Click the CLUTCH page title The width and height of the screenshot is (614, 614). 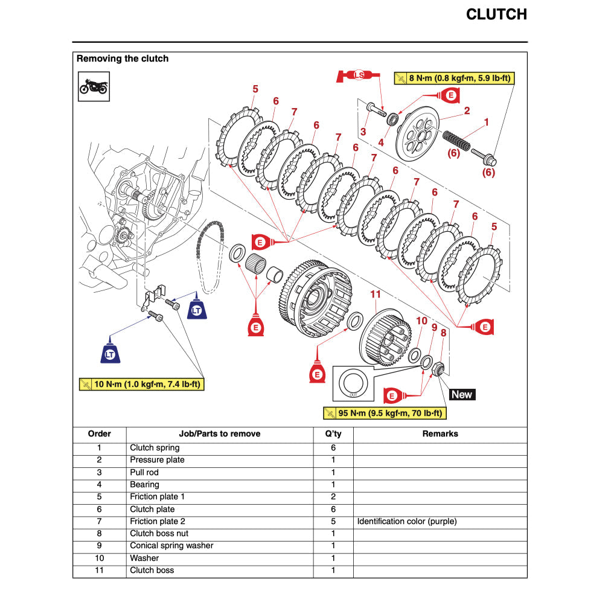pos(496,14)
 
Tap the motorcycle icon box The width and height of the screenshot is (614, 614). pos(94,86)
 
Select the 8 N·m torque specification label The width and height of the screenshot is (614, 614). pos(454,78)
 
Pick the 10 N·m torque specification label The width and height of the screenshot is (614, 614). pos(142,384)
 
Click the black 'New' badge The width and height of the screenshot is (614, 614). pos(462,394)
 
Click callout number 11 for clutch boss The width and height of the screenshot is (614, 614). pos(376,294)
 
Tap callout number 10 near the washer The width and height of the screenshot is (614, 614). pos(421,321)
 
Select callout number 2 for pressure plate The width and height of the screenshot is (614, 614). pos(467,111)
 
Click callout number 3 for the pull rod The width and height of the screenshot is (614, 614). pos(363,132)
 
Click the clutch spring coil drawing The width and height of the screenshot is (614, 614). pos(456,142)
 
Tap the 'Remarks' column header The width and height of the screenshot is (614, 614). pos(440,433)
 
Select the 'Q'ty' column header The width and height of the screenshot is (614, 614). pos(333,433)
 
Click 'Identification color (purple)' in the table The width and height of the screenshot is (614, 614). pos(407,521)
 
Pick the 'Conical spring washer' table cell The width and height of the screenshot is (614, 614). pos(171,546)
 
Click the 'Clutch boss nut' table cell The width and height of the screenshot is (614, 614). pos(160,533)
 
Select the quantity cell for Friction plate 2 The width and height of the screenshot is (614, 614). pos(333,521)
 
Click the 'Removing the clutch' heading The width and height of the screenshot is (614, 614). pos(123,59)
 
